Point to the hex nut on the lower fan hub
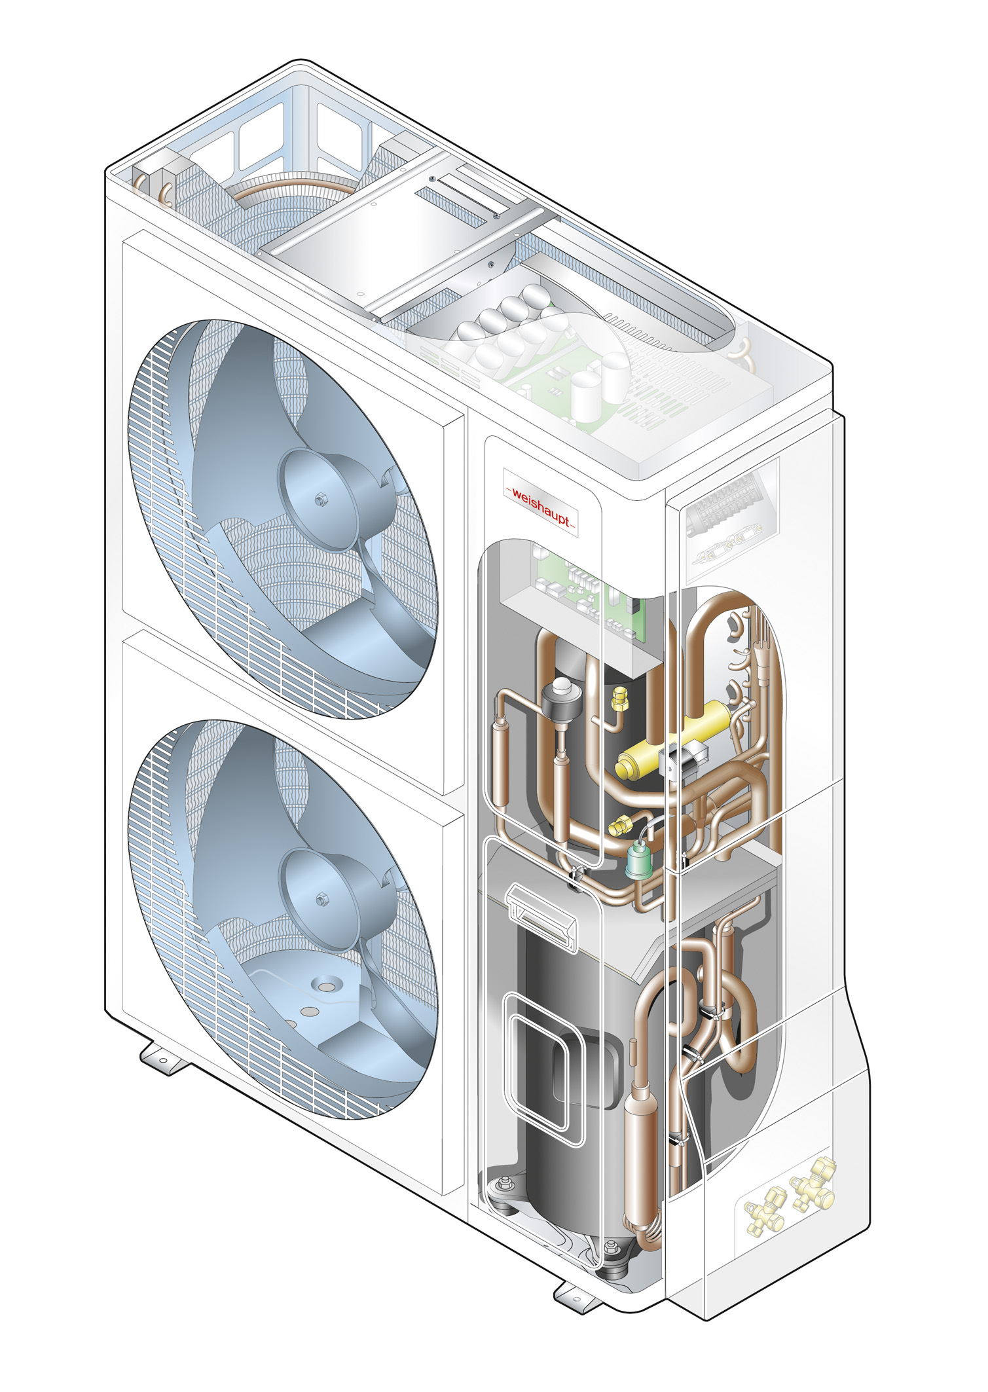point(321,898)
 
